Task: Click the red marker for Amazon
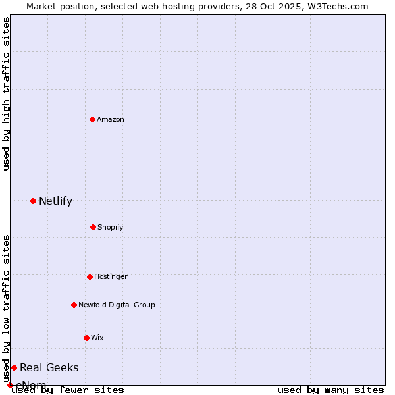point(92,119)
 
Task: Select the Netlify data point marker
point(33,201)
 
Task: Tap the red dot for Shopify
point(93,227)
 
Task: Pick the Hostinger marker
point(90,276)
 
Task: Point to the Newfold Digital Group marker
point(74,305)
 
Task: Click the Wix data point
point(86,338)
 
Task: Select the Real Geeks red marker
point(14,367)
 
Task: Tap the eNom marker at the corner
point(10,385)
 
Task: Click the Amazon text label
point(110,119)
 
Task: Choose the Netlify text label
point(55,201)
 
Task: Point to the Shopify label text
point(110,227)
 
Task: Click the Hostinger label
point(111,276)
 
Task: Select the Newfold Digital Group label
point(117,305)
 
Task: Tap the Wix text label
point(97,338)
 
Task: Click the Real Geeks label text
point(49,367)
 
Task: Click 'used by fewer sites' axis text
point(68,390)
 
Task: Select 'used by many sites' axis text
point(330,390)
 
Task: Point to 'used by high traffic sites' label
point(6,93)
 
